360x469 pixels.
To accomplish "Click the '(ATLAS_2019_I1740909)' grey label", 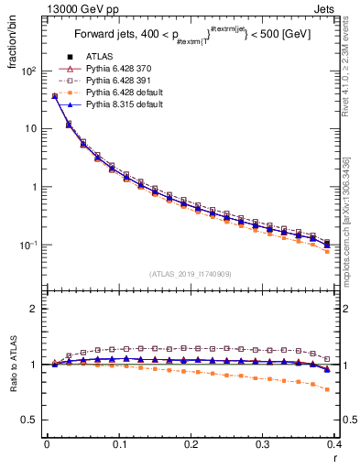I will coord(189,274).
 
